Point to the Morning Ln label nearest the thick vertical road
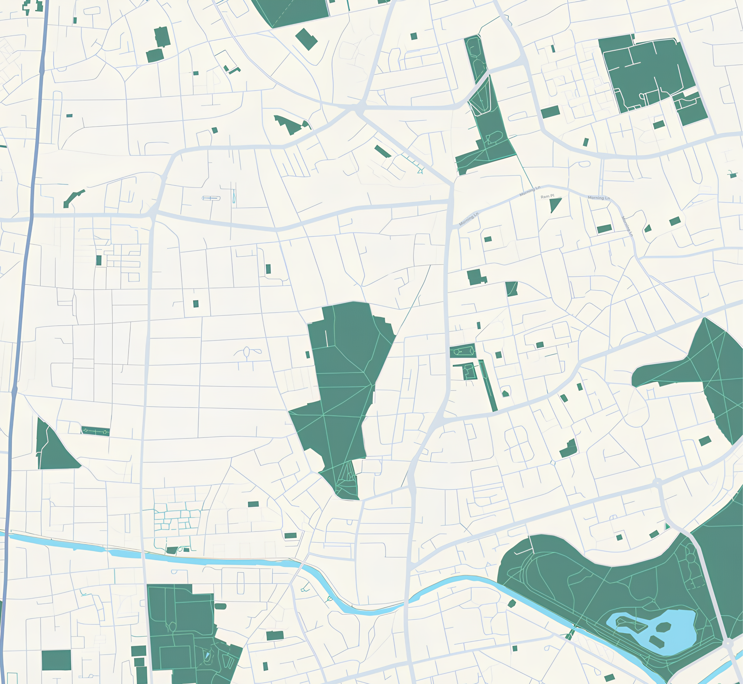[469, 219]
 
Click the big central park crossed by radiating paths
[341, 389]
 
